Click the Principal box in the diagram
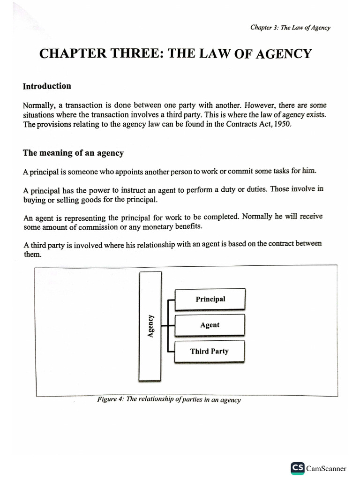[x=210, y=299]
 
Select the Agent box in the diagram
[x=210, y=325]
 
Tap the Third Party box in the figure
[x=209, y=351]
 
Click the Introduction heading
[x=47, y=86]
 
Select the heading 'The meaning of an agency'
[x=74, y=153]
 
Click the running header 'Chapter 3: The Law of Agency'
[x=290, y=27]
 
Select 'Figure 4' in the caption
[x=110, y=399]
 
